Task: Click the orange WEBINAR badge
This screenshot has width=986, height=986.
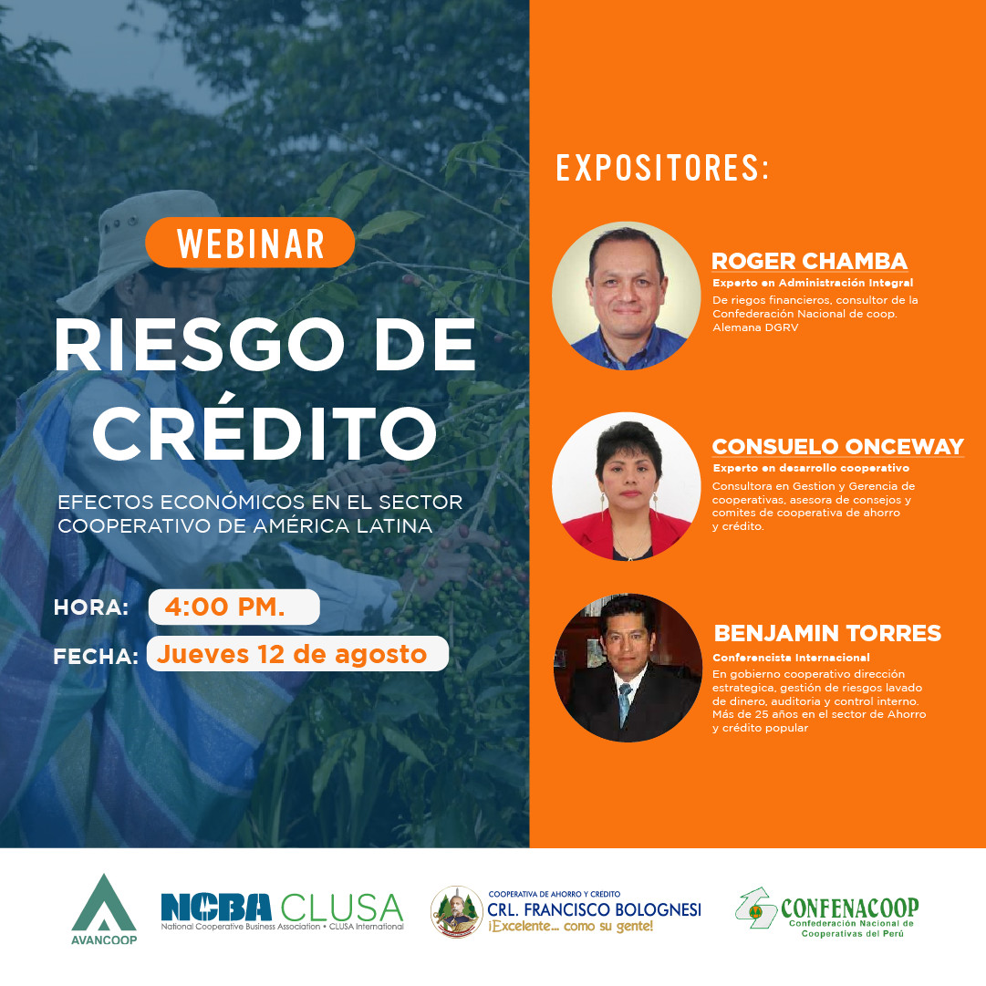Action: pos(250,243)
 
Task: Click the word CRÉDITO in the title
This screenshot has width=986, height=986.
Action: pos(265,433)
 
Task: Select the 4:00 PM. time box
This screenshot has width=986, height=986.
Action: pos(234,607)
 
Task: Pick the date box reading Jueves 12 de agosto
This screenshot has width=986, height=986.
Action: pos(297,654)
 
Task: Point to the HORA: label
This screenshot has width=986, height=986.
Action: pos(91,607)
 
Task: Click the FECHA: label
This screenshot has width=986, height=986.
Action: pos(96,655)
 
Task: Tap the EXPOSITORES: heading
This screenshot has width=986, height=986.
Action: pos(663,168)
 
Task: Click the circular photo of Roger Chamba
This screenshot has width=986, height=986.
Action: pos(626,296)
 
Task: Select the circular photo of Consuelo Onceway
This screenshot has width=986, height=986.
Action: pos(626,486)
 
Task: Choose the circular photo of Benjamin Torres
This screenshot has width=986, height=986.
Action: pos(627,668)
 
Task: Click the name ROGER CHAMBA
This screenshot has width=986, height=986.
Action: pos(809,262)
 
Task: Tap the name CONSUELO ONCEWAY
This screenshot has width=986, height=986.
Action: pos(837,446)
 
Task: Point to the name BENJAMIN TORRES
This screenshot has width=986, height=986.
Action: pos(826,633)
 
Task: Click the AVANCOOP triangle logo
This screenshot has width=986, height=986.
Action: pos(103,908)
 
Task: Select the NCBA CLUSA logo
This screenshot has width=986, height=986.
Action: pos(282,910)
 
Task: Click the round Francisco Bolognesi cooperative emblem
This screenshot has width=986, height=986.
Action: pos(456,911)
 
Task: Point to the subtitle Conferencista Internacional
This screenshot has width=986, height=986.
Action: pos(791,657)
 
